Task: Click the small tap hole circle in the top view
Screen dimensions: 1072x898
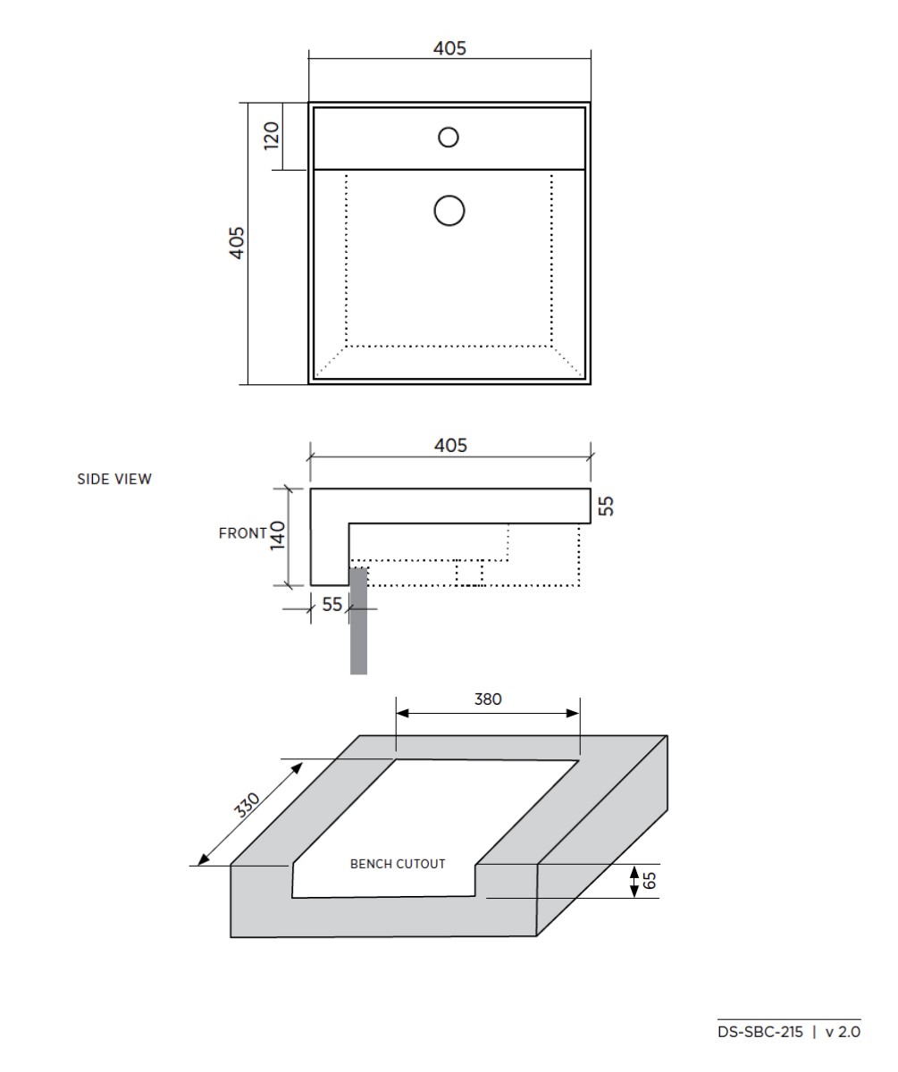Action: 449,137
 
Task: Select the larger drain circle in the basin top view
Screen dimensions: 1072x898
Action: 449,211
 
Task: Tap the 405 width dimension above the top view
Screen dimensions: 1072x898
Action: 449,49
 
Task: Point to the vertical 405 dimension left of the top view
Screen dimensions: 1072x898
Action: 237,243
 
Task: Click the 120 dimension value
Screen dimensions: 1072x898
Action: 272,134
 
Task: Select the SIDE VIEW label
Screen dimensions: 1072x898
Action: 113,479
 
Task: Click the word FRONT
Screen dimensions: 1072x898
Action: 242,533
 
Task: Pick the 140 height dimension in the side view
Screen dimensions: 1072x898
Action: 278,536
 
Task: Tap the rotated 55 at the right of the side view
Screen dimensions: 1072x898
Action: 606,507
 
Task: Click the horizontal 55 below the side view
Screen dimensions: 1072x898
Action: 332,605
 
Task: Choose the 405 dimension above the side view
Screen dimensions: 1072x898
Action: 449,445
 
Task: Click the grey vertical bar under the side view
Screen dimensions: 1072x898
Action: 358,625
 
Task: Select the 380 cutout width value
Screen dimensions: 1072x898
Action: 488,699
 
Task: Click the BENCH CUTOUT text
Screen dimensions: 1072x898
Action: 398,864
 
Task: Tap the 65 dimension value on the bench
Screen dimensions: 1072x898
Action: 650,881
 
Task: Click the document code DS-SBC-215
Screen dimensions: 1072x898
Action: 760,1032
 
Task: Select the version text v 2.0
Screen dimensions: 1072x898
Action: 843,1032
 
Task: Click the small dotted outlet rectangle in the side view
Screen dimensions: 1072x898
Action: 469,573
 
